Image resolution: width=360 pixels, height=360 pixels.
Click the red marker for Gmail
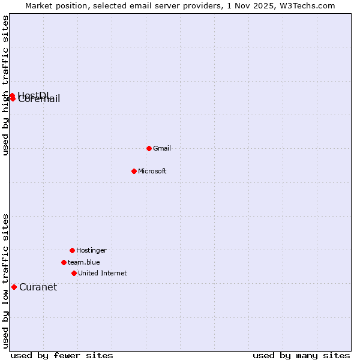pos(149,148)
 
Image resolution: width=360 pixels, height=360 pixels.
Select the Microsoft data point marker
pos(134,171)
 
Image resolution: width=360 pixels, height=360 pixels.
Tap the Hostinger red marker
pos(72,250)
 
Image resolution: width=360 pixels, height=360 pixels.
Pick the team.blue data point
pos(64,262)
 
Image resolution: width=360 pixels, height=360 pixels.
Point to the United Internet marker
pos(74,273)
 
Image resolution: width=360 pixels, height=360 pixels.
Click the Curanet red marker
pos(14,287)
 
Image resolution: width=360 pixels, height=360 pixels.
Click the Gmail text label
pos(162,148)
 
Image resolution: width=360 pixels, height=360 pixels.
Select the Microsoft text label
pos(152,171)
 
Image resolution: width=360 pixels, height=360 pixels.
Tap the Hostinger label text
pos(91,250)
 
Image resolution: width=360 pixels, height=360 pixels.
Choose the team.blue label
pos(84,262)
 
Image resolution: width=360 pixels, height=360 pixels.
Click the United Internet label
pos(103,273)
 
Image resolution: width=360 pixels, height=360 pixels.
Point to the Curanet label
pos(38,287)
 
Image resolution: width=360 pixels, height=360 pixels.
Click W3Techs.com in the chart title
pos(307,5)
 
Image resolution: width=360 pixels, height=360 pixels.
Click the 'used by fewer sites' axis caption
pos(62,356)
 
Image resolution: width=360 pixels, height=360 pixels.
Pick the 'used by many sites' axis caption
pos(301,356)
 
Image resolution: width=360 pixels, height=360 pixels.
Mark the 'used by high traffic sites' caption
pos(5,85)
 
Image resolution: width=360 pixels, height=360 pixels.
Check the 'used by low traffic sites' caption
pos(5,281)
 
